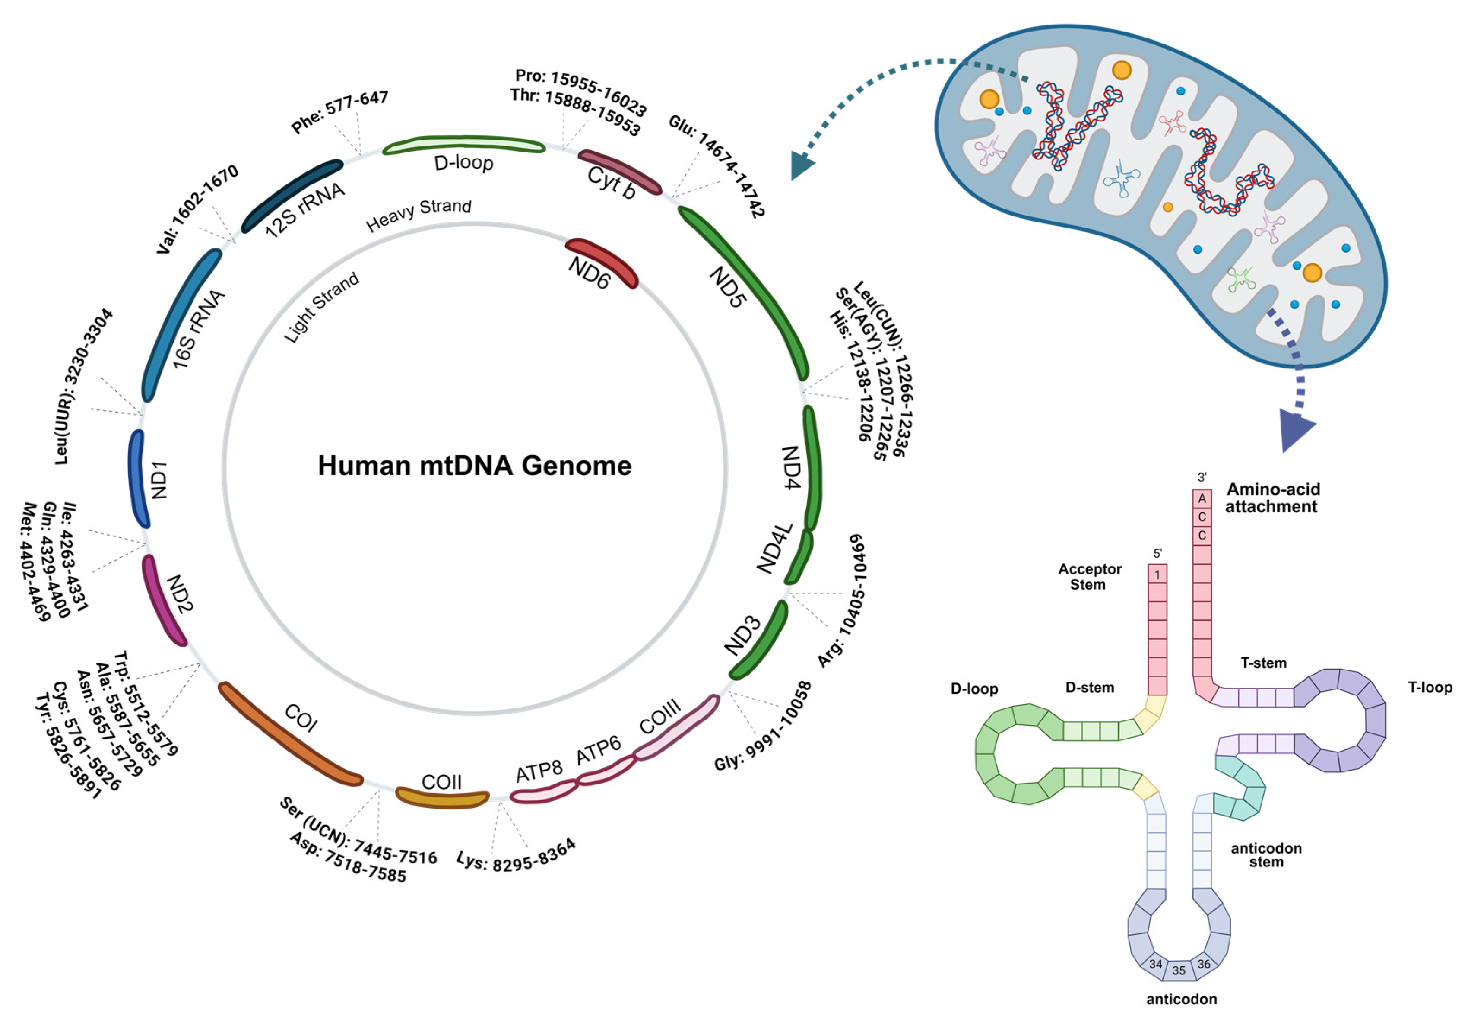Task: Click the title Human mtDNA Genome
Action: [474, 466]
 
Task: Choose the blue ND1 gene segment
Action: [138, 478]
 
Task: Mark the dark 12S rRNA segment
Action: [291, 195]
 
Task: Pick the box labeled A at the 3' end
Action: [1202, 498]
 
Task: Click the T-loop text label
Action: [1430, 687]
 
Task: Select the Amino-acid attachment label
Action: [1272, 498]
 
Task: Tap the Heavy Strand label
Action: [419, 215]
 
